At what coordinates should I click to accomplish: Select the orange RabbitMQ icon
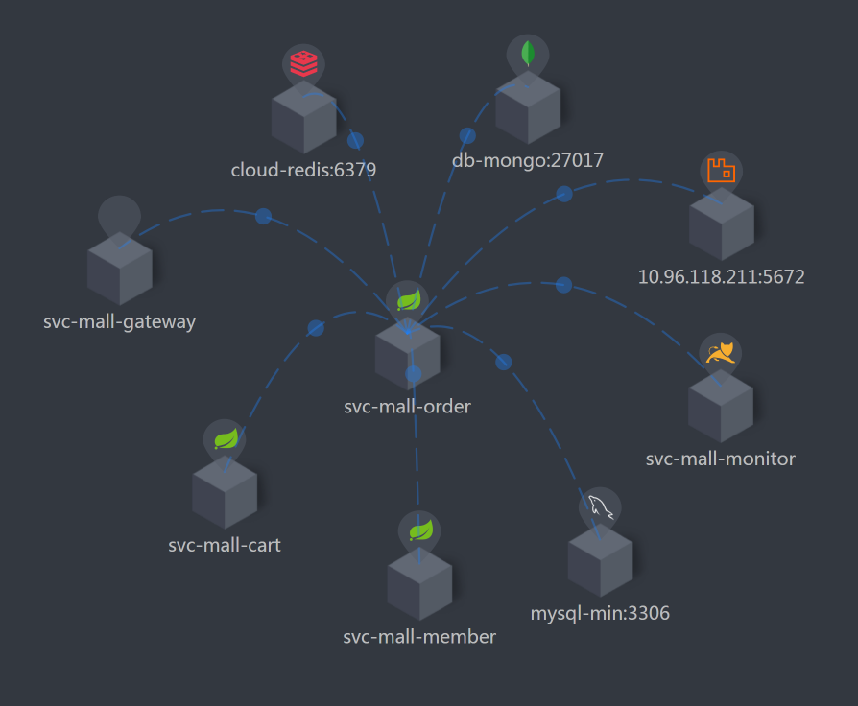tap(720, 171)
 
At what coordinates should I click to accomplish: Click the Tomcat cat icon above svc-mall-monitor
tap(720, 353)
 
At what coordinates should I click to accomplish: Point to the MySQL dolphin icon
tap(600, 506)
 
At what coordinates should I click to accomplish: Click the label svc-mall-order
tap(407, 406)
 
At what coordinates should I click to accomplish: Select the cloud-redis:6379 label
tap(303, 171)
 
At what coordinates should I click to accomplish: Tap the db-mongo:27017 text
tap(528, 160)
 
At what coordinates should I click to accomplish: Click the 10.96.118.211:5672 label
tap(721, 277)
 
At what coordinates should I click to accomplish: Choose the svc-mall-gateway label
tap(119, 321)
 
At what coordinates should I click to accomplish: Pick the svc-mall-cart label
tap(224, 546)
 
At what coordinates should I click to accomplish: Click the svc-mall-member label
tap(419, 637)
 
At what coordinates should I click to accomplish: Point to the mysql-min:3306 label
tap(600, 613)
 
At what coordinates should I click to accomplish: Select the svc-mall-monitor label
tap(721, 459)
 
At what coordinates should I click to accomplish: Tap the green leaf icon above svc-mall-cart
tap(225, 439)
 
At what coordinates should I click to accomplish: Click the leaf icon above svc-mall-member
tap(419, 530)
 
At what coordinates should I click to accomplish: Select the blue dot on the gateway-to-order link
tap(263, 216)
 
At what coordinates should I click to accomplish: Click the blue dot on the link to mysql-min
tap(503, 362)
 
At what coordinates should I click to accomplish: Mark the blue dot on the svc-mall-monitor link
tap(563, 285)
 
